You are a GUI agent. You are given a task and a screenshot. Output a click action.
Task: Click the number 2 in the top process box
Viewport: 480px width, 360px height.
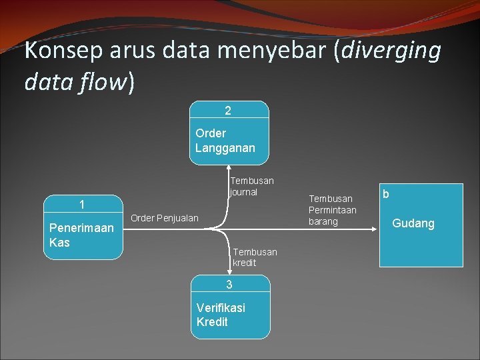coord(229,109)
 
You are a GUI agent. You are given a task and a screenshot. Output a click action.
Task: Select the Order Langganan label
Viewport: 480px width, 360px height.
coord(225,141)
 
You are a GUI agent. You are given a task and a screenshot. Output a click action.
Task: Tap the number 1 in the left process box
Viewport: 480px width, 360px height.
coord(82,205)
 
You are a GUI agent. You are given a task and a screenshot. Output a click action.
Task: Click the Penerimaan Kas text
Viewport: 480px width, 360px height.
coord(82,235)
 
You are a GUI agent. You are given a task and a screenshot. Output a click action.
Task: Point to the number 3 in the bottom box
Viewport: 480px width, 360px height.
coord(229,285)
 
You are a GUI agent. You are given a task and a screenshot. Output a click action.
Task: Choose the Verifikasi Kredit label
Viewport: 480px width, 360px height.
coord(221,315)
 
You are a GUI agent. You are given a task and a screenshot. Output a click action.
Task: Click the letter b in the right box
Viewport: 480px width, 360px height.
coord(386,194)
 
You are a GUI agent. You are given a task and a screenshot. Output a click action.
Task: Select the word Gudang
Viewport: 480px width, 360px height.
coord(413,223)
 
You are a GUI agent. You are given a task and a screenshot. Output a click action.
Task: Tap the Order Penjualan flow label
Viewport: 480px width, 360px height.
coord(164,218)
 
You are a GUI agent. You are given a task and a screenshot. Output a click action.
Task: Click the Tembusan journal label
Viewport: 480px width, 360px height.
coord(251,187)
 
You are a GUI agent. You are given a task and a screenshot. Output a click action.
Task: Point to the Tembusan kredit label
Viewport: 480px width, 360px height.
coord(255,257)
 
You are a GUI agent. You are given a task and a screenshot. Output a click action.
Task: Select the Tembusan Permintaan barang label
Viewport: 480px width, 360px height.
coord(332,210)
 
